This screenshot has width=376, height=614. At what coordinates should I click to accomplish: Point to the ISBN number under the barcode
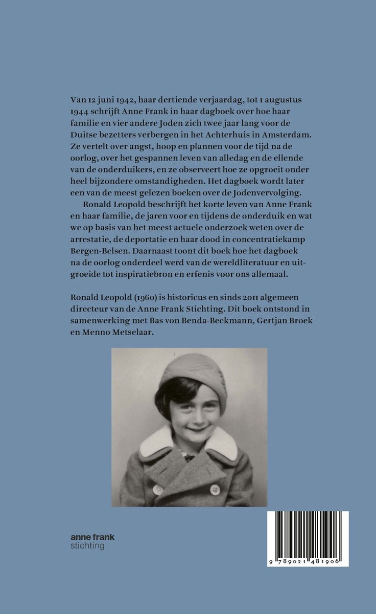(x=308, y=561)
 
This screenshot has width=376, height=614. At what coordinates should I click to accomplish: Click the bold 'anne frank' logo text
(x=92, y=537)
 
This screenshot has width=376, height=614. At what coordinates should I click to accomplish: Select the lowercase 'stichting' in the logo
(x=87, y=546)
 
